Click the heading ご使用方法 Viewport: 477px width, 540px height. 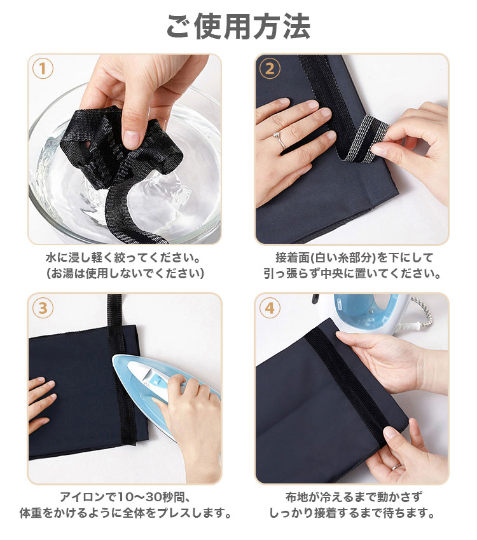tap(238, 27)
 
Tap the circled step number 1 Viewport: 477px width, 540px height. tap(43, 69)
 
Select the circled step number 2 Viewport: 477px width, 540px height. tap(270, 69)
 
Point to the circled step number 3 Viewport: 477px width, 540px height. tap(43, 308)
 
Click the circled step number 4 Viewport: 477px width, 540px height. tap(270, 308)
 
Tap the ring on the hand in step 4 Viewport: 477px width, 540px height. tap(396, 467)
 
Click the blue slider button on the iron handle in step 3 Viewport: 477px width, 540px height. tap(157, 381)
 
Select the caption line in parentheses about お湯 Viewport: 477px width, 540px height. tap(125, 273)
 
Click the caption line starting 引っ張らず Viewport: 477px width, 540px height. tap(352, 273)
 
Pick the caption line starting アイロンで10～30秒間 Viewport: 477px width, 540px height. tap(125, 497)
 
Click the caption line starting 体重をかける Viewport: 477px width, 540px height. tap(125, 513)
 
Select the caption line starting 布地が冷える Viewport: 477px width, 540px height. tap(353, 497)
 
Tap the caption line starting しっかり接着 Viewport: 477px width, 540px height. tap(352, 513)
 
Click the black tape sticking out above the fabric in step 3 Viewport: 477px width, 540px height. tap(114, 309)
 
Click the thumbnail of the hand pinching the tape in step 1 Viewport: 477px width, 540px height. tap(125, 149)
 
